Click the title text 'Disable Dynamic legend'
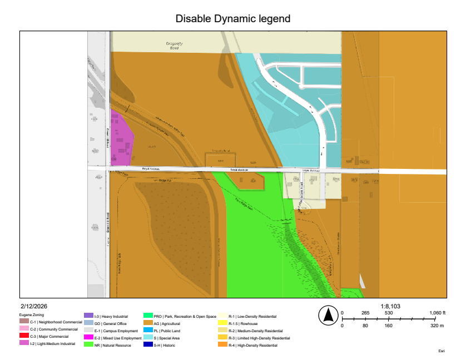click(x=233, y=18)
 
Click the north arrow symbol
click(x=328, y=316)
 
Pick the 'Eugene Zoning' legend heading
click(x=32, y=314)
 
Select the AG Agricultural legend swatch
click(x=148, y=323)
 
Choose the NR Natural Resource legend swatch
click(x=88, y=344)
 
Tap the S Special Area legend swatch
click(x=148, y=337)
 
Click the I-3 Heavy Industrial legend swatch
click(x=88, y=315)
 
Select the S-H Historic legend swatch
click(x=148, y=344)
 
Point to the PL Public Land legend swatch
click(x=148, y=330)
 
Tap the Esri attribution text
click(x=442, y=351)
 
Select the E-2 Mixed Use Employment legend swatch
click(x=88, y=337)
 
